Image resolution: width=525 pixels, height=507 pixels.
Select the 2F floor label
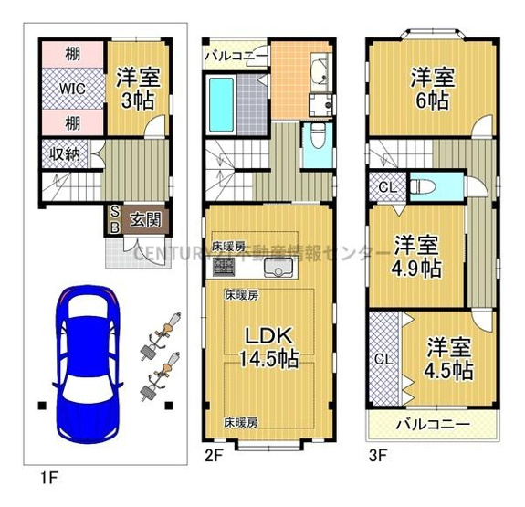(x=214, y=453)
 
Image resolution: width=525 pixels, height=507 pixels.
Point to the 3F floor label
(x=378, y=453)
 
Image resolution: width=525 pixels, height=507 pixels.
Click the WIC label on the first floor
(x=74, y=90)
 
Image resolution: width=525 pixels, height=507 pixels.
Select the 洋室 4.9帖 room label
(x=419, y=257)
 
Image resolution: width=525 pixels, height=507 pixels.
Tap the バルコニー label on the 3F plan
(x=434, y=425)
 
